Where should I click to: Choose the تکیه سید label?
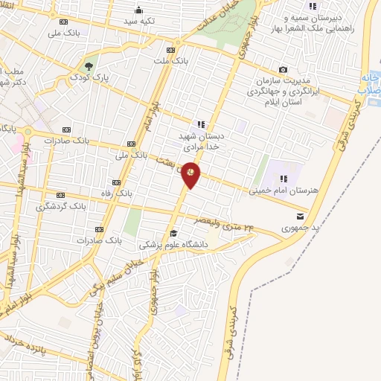tap(139, 21)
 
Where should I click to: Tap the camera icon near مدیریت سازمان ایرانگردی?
tap(282, 69)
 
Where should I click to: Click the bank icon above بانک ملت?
tap(171, 50)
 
